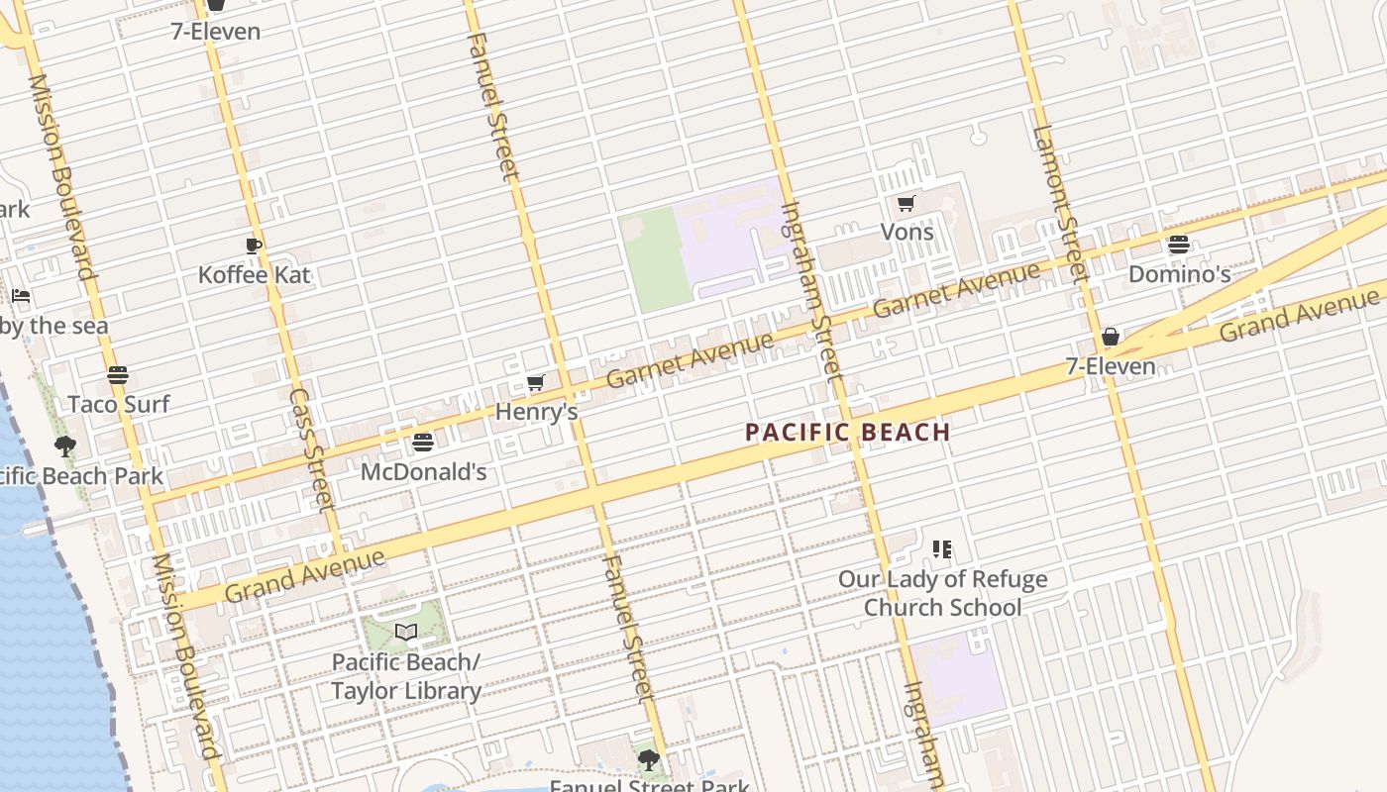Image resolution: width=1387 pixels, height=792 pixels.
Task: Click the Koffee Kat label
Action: (255, 274)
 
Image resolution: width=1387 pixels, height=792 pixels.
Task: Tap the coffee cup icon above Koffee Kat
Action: (254, 246)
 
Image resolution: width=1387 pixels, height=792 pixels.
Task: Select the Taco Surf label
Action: (119, 404)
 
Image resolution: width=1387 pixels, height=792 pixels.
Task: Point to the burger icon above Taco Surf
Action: (118, 375)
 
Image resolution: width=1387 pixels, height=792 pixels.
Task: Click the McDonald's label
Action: (423, 471)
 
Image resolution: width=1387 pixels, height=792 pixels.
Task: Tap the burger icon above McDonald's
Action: (423, 442)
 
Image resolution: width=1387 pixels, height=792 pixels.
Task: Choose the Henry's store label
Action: (536, 410)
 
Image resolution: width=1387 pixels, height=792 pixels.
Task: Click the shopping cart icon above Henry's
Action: (536, 382)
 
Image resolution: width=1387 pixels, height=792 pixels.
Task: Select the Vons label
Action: (907, 232)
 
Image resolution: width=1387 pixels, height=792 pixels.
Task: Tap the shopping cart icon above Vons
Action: (906, 203)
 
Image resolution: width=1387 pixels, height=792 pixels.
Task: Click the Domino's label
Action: (1179, 273)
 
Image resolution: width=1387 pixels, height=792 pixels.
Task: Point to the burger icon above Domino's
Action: (1179, 244)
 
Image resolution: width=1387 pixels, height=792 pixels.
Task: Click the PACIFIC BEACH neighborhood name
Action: (848, 432)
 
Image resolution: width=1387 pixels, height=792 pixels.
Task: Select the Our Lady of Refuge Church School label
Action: (942, 592)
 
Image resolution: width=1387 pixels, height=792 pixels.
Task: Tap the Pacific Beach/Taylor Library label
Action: (406, 676)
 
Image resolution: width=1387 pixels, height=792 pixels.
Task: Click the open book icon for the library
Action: (406, 632)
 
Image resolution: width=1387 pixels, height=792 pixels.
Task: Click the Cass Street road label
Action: (311, 447)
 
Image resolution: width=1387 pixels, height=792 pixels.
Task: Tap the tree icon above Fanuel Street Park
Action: (649, 760)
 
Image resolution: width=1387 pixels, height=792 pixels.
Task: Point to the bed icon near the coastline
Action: (21, 296)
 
